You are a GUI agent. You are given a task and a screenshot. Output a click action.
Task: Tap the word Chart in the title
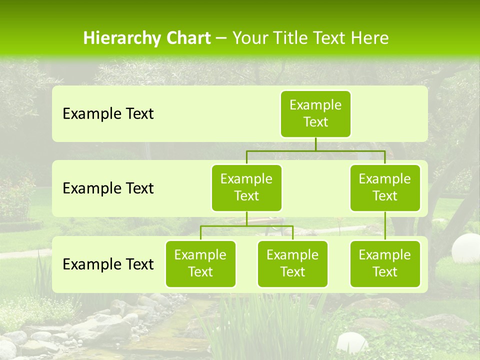[186, 38]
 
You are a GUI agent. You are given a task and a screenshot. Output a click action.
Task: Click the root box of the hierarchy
[315, 113]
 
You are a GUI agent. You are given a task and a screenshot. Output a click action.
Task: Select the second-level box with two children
[246, 187]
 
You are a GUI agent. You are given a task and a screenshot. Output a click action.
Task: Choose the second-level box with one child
[385, 187]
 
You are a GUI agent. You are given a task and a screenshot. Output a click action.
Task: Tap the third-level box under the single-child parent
[385, 263]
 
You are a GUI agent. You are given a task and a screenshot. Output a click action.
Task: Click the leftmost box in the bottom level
[200, 263]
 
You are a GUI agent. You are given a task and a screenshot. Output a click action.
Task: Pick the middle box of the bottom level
[292, 263]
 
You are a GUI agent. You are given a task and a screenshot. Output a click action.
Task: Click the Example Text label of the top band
[108, 113]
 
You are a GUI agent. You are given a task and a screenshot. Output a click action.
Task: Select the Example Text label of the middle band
[108, 188]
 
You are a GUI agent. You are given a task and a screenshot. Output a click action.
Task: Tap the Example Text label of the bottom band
[108, 264]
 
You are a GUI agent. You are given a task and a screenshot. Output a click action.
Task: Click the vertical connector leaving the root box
[315, 144]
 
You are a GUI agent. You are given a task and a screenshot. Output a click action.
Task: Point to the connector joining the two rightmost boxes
[385, 226]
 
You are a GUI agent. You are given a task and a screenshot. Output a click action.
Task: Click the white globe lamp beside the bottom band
[465, 247]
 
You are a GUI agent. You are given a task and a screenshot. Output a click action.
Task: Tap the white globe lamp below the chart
[351, 343]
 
